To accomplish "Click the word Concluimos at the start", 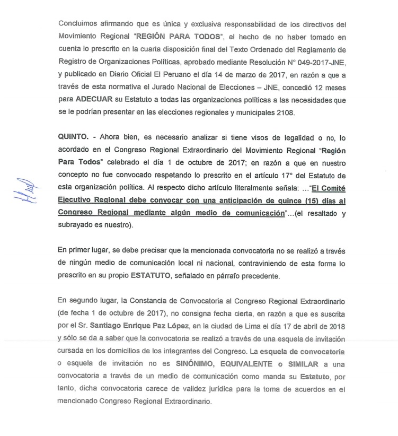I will pyautogui.click(x=79, y=23).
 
